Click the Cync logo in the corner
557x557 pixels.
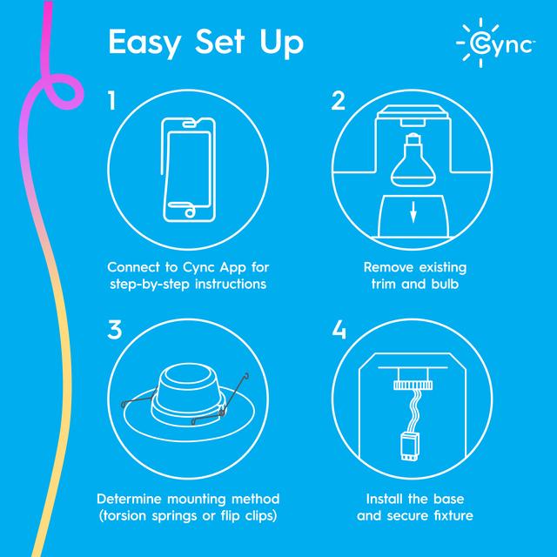coord(494,44)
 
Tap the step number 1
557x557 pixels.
coord(111,101)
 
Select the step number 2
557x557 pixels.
coord(339,101)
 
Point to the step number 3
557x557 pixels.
coord(113,331)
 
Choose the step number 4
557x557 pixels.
coord(339,332)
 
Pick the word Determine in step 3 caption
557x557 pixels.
coord(131,499)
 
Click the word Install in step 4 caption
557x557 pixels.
coord(380,499)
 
